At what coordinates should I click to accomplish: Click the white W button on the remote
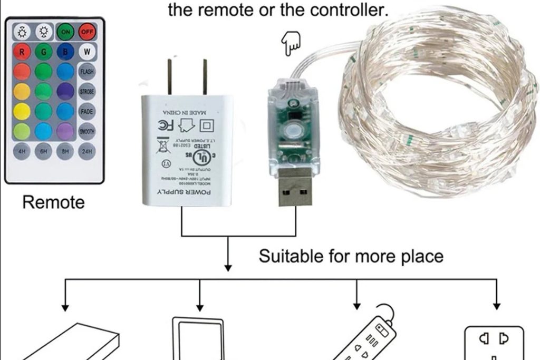[86, 52]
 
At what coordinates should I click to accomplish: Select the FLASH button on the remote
[86, 72]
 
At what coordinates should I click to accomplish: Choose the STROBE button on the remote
[86, 92]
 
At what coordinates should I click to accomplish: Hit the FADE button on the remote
[86, 111]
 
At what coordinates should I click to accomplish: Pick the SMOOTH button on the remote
[86, 131]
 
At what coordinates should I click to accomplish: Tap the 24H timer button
[86, 151]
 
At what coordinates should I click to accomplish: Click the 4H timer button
[22, 151]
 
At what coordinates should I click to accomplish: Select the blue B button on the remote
[65, 52]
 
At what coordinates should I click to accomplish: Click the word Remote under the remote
[53, 202]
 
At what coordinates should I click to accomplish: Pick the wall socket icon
[495, 343]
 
